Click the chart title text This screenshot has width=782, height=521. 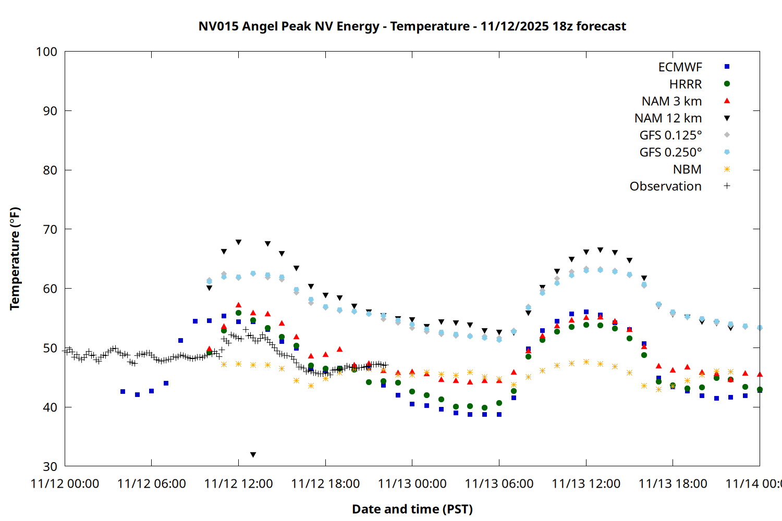pos(412,26)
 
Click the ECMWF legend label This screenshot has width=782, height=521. pos(680,67)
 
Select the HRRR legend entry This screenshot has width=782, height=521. pos(686,84)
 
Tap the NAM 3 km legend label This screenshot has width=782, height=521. pos(671,101)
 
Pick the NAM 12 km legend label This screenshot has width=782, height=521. pos(668,118)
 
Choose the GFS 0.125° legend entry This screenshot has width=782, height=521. pos(670,135)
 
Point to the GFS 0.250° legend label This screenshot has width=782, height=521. pos(670,152)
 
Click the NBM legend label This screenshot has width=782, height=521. pos(687,169)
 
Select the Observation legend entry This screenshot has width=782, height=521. pos(665,187)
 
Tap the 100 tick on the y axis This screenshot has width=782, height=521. pos(46,52)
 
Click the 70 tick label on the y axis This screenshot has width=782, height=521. pos(50,229)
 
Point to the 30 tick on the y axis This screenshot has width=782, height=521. pos(50,466)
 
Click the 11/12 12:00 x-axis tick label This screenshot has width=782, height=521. pos(238,484)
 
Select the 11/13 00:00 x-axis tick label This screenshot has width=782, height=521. pos(412,484)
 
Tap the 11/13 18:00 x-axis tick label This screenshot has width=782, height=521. pos(673,484)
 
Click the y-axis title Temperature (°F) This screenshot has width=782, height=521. pos(15,259)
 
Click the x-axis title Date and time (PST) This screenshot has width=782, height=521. pos(412,509)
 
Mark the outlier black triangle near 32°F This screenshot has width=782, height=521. pos(253,455)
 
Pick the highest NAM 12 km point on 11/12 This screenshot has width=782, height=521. pos(238,242)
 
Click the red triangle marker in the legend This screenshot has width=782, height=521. pos(727,101)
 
